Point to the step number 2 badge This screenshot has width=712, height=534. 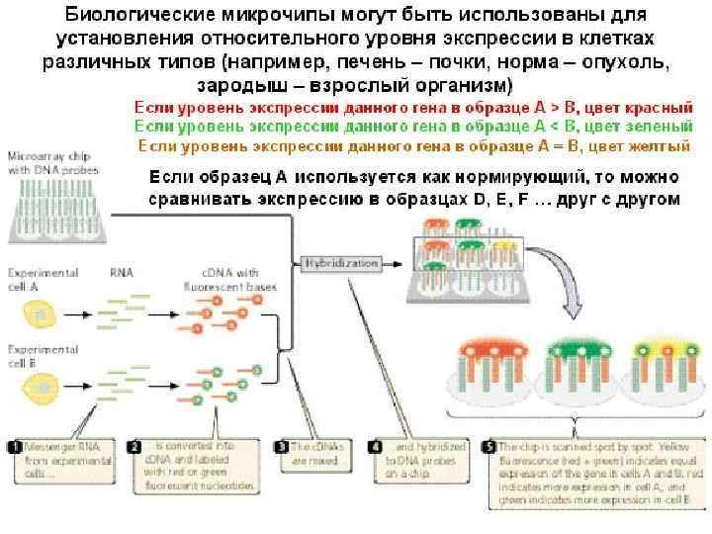[x=138, y=446]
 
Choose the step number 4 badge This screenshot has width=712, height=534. [x=373, y=446]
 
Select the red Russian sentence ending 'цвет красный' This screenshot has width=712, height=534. [x=413, y=107]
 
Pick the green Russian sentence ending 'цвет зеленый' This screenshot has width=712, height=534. [x=413, y=127]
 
